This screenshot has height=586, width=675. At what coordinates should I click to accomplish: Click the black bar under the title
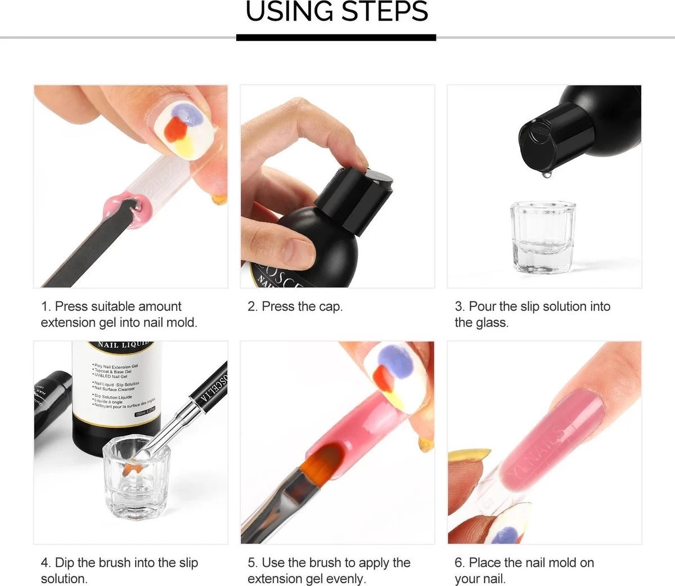tap(336, 38)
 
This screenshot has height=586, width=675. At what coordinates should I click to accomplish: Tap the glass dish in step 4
tap(133, 478)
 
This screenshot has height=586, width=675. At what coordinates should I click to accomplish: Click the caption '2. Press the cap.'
tap(295, 307)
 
